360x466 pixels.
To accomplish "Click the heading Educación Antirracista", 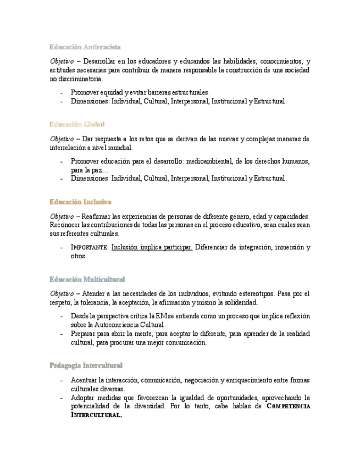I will click(85, 47).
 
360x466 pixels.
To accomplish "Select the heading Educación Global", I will click(77, 124).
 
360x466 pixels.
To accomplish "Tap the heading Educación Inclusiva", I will click(80, 202).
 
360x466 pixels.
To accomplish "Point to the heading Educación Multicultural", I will click(87, 279).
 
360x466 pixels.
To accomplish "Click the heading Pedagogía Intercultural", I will click(86, 365).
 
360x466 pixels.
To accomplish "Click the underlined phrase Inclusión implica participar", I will click(152, 247).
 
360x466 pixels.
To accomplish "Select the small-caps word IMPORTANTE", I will click(90, 248).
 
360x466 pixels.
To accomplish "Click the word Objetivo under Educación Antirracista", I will click(62, 62).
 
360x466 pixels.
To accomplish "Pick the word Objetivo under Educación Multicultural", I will click(62, 294).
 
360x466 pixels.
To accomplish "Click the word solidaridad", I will click(239, 303).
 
